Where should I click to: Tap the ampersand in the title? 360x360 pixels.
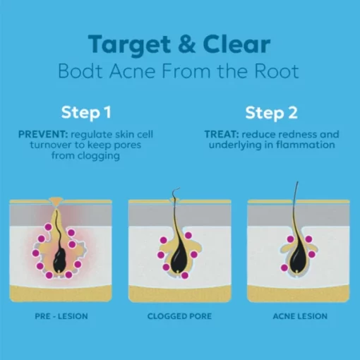point(186,44)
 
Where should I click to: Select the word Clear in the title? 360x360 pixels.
point(236,44)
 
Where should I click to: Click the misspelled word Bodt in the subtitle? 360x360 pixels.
point(80,71)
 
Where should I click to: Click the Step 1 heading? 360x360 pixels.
point(86,112)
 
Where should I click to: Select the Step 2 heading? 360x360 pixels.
point(271,113)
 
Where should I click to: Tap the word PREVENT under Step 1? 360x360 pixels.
point(43,134)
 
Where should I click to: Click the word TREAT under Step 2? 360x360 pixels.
point(222,134)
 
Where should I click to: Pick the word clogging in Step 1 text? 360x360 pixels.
point(99,156)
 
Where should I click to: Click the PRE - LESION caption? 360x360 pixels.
point(61,316)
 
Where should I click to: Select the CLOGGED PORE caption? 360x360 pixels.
point(179,316)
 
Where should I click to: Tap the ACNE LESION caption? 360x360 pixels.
point(300,316)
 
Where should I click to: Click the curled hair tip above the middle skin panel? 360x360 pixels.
point(176,190)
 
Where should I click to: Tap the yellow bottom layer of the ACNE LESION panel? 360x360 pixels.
point(299,294)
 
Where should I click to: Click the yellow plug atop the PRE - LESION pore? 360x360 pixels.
point(56,202)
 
